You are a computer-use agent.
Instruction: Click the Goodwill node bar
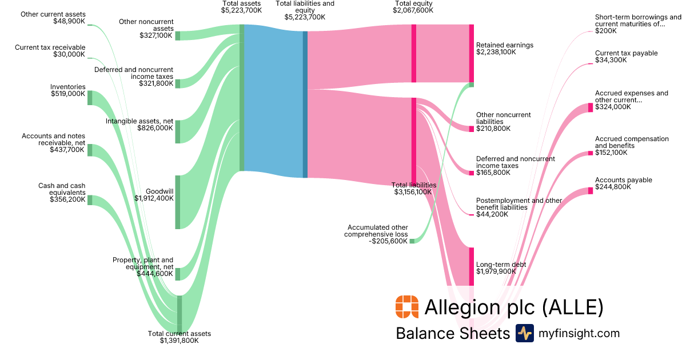pos(177,202)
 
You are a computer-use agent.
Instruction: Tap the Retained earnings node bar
pos(472,53)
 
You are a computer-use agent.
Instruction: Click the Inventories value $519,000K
pos(67,94)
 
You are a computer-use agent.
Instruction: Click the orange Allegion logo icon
pos(406,307)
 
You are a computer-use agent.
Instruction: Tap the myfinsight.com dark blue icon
pos(524,333)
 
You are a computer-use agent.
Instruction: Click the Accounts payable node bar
pos(591,190)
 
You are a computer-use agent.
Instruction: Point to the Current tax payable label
pos(626,53)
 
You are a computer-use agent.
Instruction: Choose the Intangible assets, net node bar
pos(177,131)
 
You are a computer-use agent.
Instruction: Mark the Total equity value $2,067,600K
pos(413,10)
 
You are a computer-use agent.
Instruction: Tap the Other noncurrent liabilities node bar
pos(472,129)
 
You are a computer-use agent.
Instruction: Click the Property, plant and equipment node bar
pos(177,274)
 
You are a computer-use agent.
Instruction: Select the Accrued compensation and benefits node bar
pos(591,153)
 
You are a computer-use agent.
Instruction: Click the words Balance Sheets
pos(452,333)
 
